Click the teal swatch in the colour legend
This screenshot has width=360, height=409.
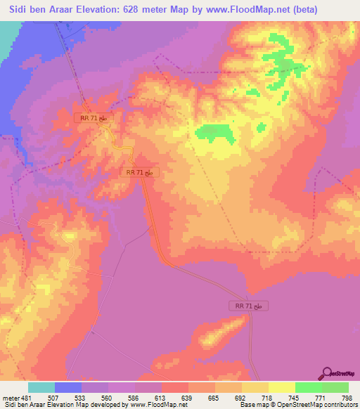(x=41, y=387)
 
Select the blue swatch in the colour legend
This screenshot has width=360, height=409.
(x=68, y=387)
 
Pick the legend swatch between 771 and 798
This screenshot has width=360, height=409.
(x=335, y=387)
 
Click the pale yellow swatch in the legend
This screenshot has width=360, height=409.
(x=282, y=387)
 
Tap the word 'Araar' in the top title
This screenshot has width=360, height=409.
(x=66, y=9)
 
